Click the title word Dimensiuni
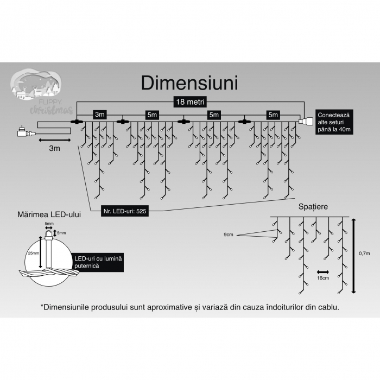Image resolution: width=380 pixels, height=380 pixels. point(189,83)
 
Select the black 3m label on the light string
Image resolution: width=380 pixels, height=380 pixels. point(99,115)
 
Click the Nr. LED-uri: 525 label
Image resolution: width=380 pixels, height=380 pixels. point(125,211)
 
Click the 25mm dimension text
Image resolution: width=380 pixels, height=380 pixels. point(33,253)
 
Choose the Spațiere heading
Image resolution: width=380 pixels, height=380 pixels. point(313,207)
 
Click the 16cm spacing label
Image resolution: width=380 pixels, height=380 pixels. point(323,278)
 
